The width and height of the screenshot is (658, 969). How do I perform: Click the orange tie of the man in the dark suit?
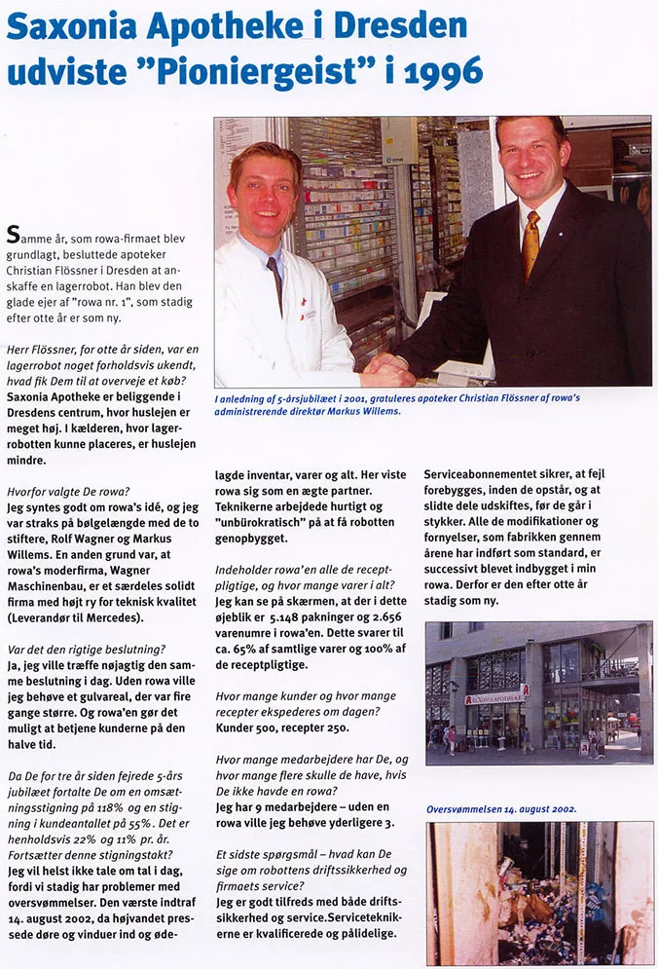pos(531,243)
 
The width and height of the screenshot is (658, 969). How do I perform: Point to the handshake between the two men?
pos(386,369)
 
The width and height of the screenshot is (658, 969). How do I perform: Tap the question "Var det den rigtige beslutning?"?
pos(85,648)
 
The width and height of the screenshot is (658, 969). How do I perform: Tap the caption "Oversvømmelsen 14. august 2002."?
pos(501,808)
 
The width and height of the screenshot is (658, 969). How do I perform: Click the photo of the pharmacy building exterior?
pos(538,692)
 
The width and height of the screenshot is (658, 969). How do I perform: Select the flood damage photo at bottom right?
pos(538,892)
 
